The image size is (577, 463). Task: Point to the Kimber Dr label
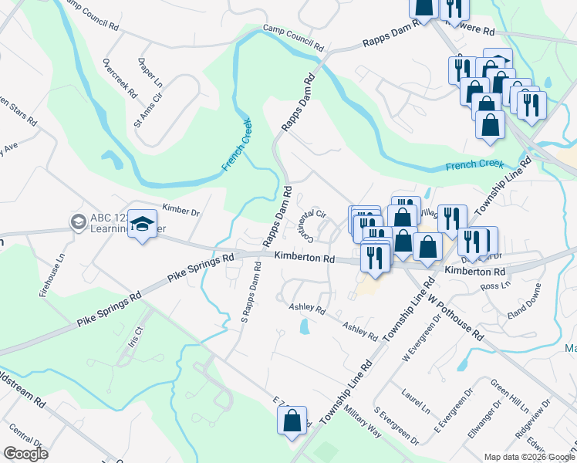[x=181, y=211]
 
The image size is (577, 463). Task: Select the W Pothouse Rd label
[x=455, y=316]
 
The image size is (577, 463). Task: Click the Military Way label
[x=363, y=421]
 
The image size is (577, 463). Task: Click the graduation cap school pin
[x=141, y=225]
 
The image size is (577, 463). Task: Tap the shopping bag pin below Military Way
[x=292, y=421]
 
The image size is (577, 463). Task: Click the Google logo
[x=25, y=454]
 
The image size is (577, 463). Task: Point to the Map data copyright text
[x=528, y=457]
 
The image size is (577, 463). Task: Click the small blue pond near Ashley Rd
[x=304, y=327]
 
